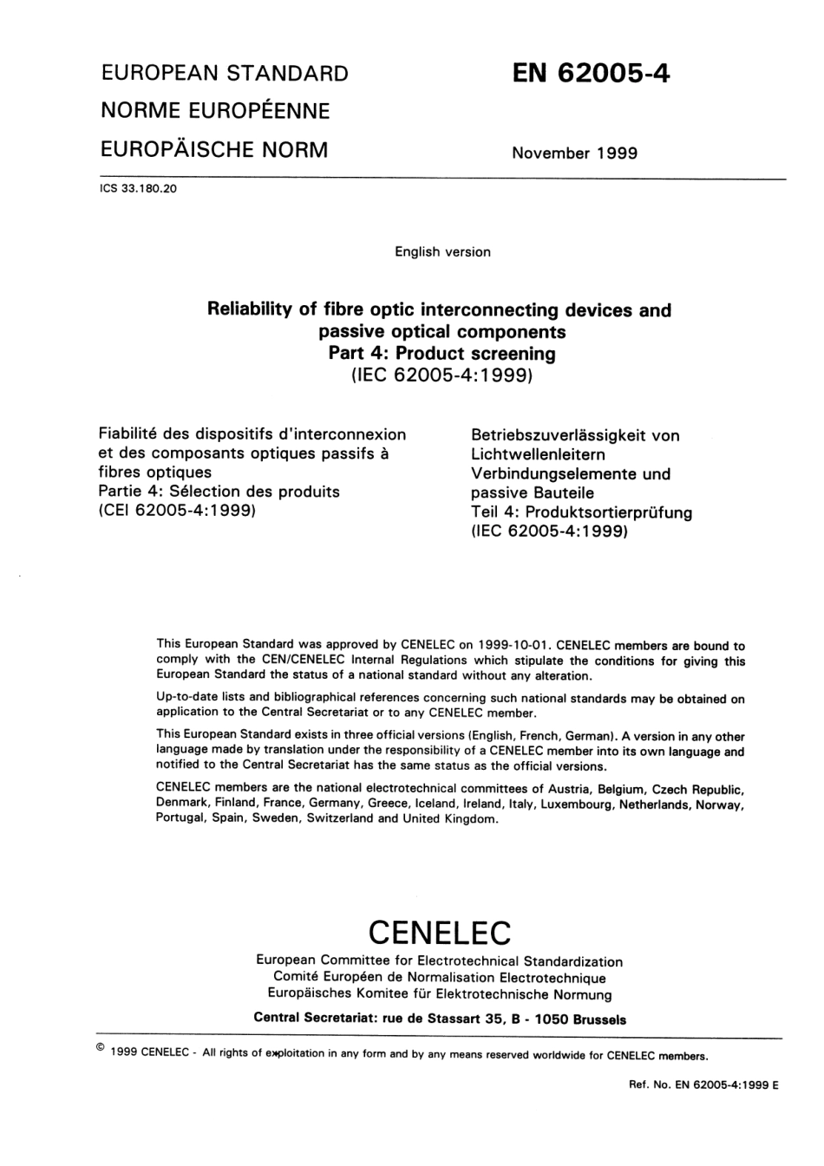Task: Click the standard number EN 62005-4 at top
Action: coord(591,74)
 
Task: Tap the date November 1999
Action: coord(574,153)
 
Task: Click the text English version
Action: coord(442,252)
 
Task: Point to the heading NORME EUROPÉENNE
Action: coord(215,111)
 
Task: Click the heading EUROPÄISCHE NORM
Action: coord(214,150)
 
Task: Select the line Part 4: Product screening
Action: coord(441,354)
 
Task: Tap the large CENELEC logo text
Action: coord(440,933)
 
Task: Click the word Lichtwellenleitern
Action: coord(538,454)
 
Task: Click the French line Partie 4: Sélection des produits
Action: coord(219,492)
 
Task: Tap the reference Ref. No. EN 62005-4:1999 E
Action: coord(703,1085)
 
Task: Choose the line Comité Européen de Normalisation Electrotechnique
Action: coord(439,978)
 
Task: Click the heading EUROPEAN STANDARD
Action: coord(225,74)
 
